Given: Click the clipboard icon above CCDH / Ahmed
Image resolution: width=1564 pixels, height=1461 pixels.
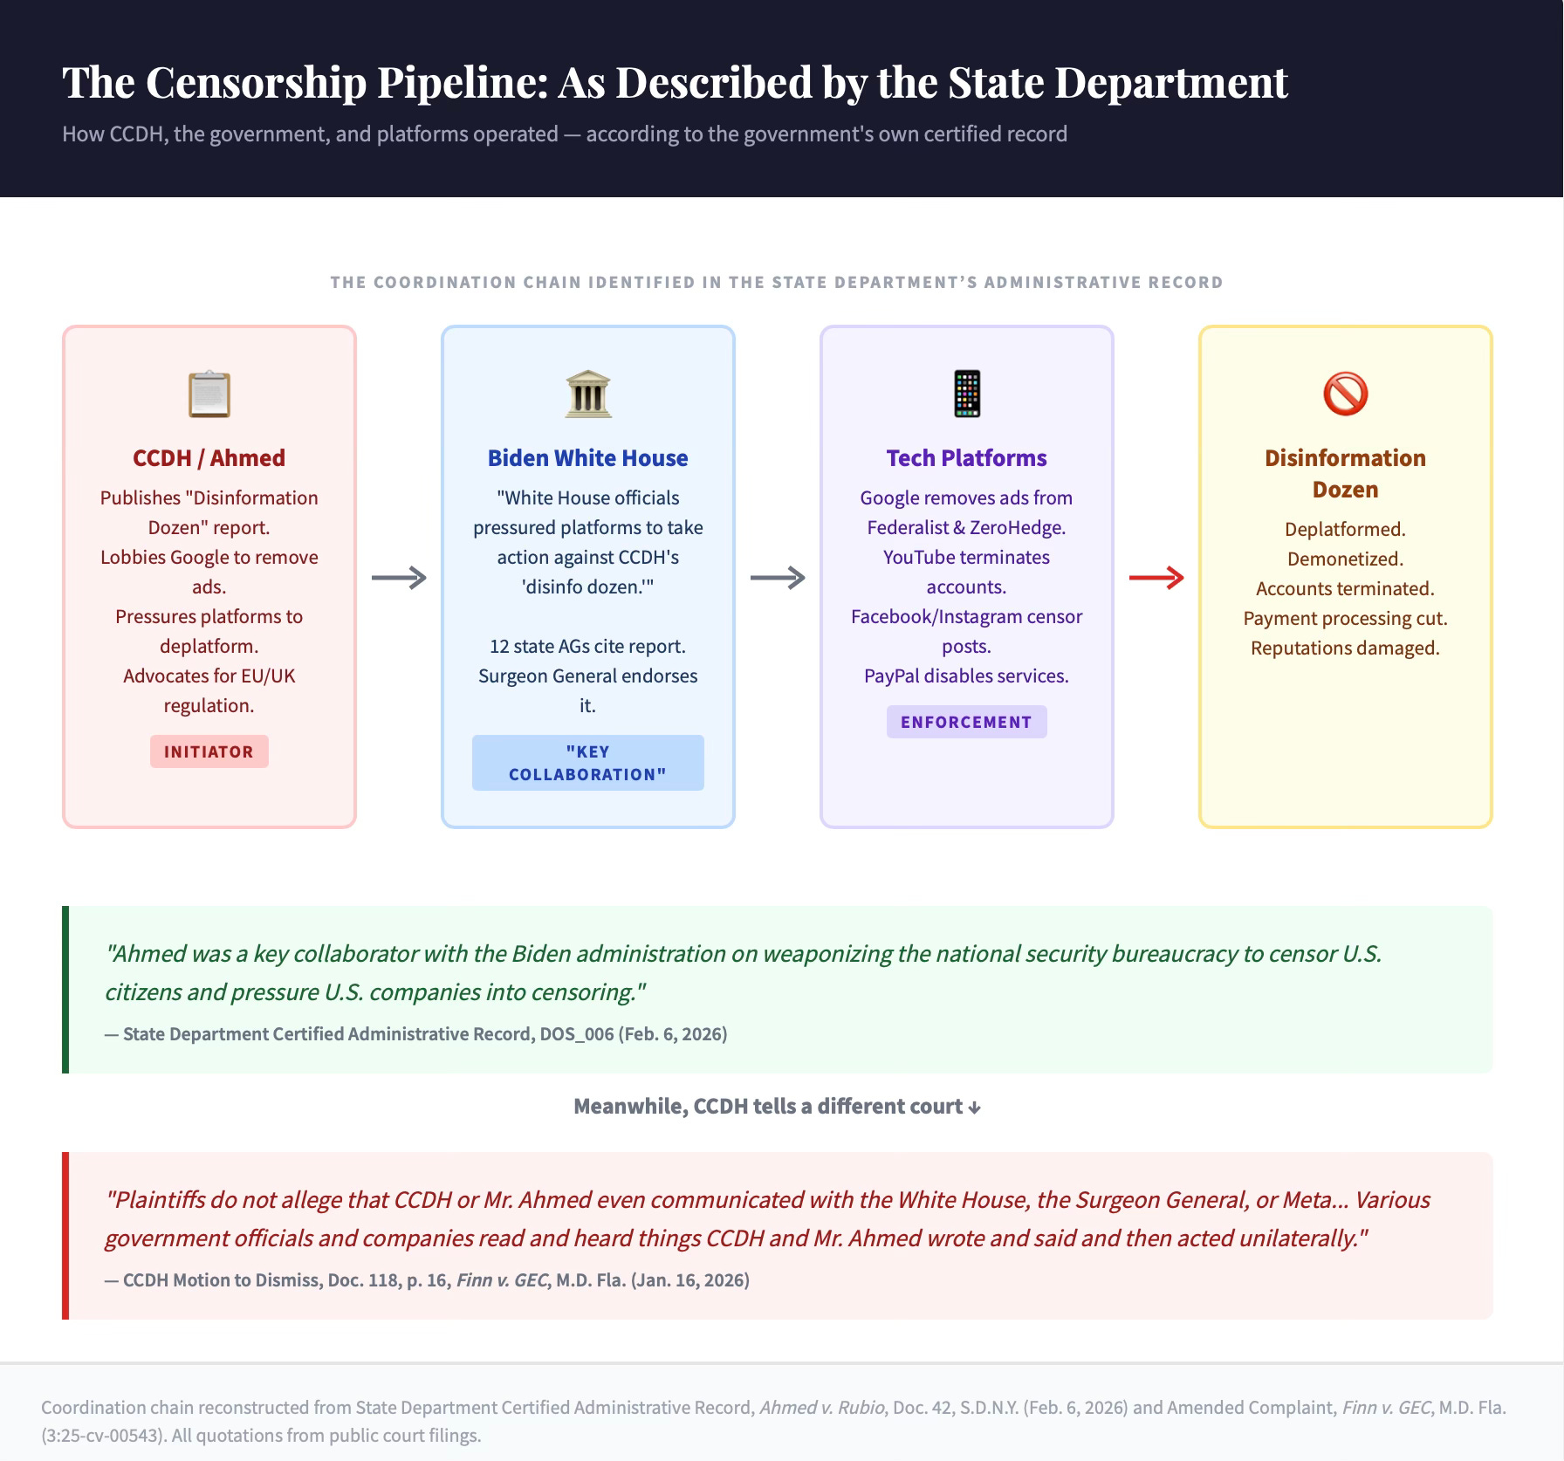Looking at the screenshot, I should (x=209, y=394).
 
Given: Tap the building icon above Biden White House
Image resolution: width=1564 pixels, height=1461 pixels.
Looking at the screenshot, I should (x=588, y=394).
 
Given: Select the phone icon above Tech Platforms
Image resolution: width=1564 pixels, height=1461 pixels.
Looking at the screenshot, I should (x=967, y=394).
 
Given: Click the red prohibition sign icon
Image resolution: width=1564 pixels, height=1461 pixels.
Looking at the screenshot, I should (x=1345, y=394).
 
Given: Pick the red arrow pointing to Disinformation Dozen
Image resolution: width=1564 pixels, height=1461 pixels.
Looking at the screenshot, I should (x=1156, y=578).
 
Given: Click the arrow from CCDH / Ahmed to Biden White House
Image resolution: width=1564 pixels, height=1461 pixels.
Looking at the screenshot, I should (x=399, y=578).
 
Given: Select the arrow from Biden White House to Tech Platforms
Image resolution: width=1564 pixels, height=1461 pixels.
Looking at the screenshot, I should (x=778, y=578).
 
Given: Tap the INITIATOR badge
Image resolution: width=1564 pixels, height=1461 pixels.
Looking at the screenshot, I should (x=209, y=751).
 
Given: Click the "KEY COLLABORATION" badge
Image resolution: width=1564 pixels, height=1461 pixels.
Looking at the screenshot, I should (x=588, y=763).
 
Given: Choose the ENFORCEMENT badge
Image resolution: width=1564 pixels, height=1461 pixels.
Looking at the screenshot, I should (x=966, y=722).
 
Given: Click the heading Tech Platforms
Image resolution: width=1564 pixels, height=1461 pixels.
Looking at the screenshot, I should (x=966, y=458).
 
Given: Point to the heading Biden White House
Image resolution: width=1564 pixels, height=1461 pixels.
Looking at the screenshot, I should (x=588, y=458).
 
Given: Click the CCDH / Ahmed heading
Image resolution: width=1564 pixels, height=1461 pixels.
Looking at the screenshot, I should (x=209, y=458).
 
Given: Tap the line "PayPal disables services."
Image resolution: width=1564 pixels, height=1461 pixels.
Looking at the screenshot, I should (x=966, y=676).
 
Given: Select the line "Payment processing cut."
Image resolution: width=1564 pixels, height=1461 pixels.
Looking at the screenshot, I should (x=1345, y=619).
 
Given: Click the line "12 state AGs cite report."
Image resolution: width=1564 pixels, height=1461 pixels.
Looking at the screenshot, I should (x=588, y=647).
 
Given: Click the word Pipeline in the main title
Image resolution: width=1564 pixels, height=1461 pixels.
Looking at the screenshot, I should (x=463, y=83).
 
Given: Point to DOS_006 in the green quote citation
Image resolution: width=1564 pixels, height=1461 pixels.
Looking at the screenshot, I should (x=577, y=1034).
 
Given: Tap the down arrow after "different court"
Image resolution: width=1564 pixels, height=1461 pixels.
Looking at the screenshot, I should (x=975, y=1108).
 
